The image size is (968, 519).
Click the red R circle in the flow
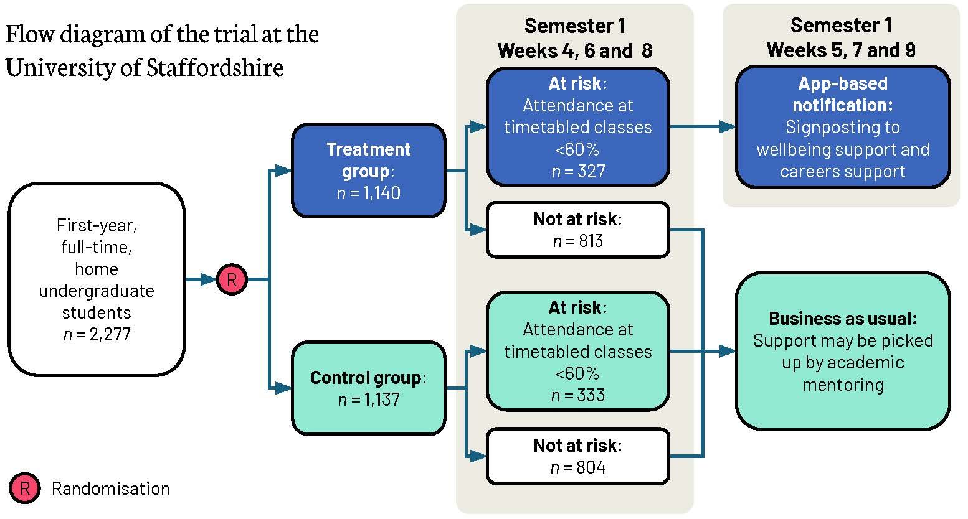point(232,280)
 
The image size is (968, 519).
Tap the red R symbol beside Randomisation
point(25,489)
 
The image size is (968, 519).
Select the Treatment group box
point(369,171)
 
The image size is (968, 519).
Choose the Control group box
point(369,388)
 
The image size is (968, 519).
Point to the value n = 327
point(578,171)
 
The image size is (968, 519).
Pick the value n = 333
point(578,395)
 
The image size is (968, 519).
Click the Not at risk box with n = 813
point(578,230)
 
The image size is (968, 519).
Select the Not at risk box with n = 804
point(578,456)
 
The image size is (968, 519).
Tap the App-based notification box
point(843,127)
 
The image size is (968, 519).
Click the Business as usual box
point(843,351)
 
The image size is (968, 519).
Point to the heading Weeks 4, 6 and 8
point(574,50)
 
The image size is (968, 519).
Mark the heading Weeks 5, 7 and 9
point(841,50)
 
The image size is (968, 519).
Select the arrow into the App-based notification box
point(704,127)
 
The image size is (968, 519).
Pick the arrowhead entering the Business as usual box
point(728,351)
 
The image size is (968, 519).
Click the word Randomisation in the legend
point(111,489)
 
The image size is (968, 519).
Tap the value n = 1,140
point(369,193)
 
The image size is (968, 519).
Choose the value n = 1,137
point(369,400)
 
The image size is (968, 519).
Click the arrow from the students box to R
point(201,280)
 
